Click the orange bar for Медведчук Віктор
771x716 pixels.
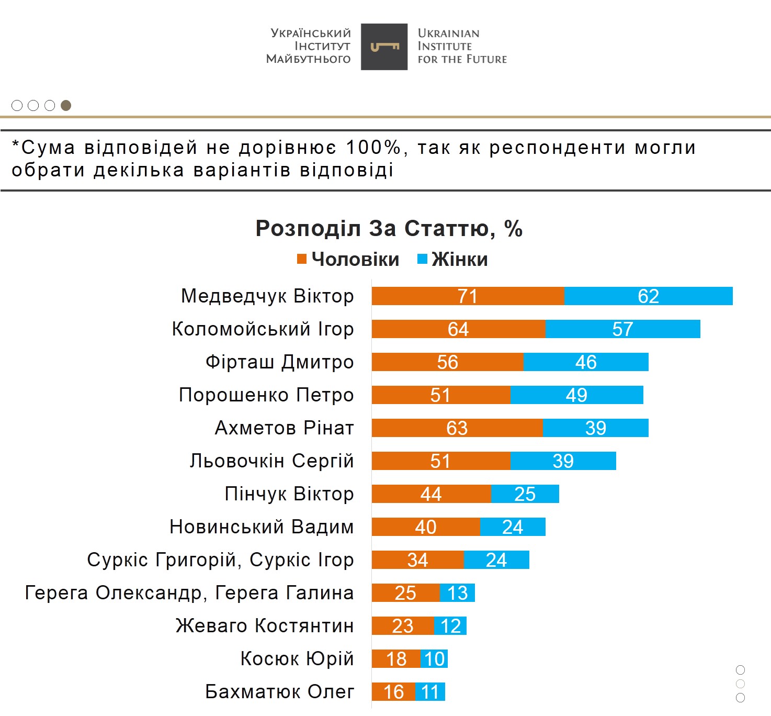468,296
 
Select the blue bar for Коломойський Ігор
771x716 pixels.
622,329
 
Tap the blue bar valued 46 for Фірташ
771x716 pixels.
586,362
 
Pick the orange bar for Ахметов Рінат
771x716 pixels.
457,428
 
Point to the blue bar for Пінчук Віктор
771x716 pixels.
525,494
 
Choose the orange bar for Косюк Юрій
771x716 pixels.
396,659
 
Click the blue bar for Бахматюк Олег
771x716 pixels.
430,692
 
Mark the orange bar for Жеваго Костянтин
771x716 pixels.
402,626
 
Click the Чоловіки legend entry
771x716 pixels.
348,260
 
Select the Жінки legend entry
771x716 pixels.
453,260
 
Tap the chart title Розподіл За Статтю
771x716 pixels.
389,229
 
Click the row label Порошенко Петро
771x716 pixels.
266,395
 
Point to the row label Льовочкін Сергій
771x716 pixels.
271,461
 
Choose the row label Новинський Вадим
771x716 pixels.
262,527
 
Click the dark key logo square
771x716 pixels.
384,47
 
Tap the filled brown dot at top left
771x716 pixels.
66,106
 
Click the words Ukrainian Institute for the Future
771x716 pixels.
462,47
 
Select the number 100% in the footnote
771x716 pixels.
373,148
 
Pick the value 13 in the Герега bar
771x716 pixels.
457,593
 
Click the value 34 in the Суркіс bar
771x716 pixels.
417,560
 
